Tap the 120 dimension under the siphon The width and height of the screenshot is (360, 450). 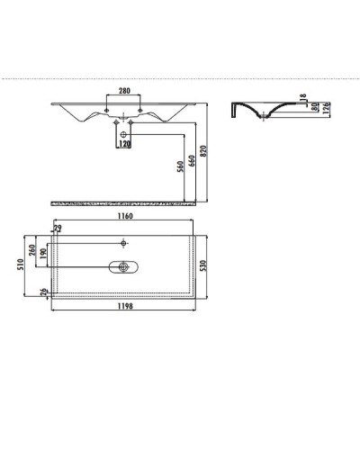[123, 144]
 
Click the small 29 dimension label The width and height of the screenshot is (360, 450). [58, 229]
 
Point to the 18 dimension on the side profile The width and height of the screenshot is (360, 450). [304, 98]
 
